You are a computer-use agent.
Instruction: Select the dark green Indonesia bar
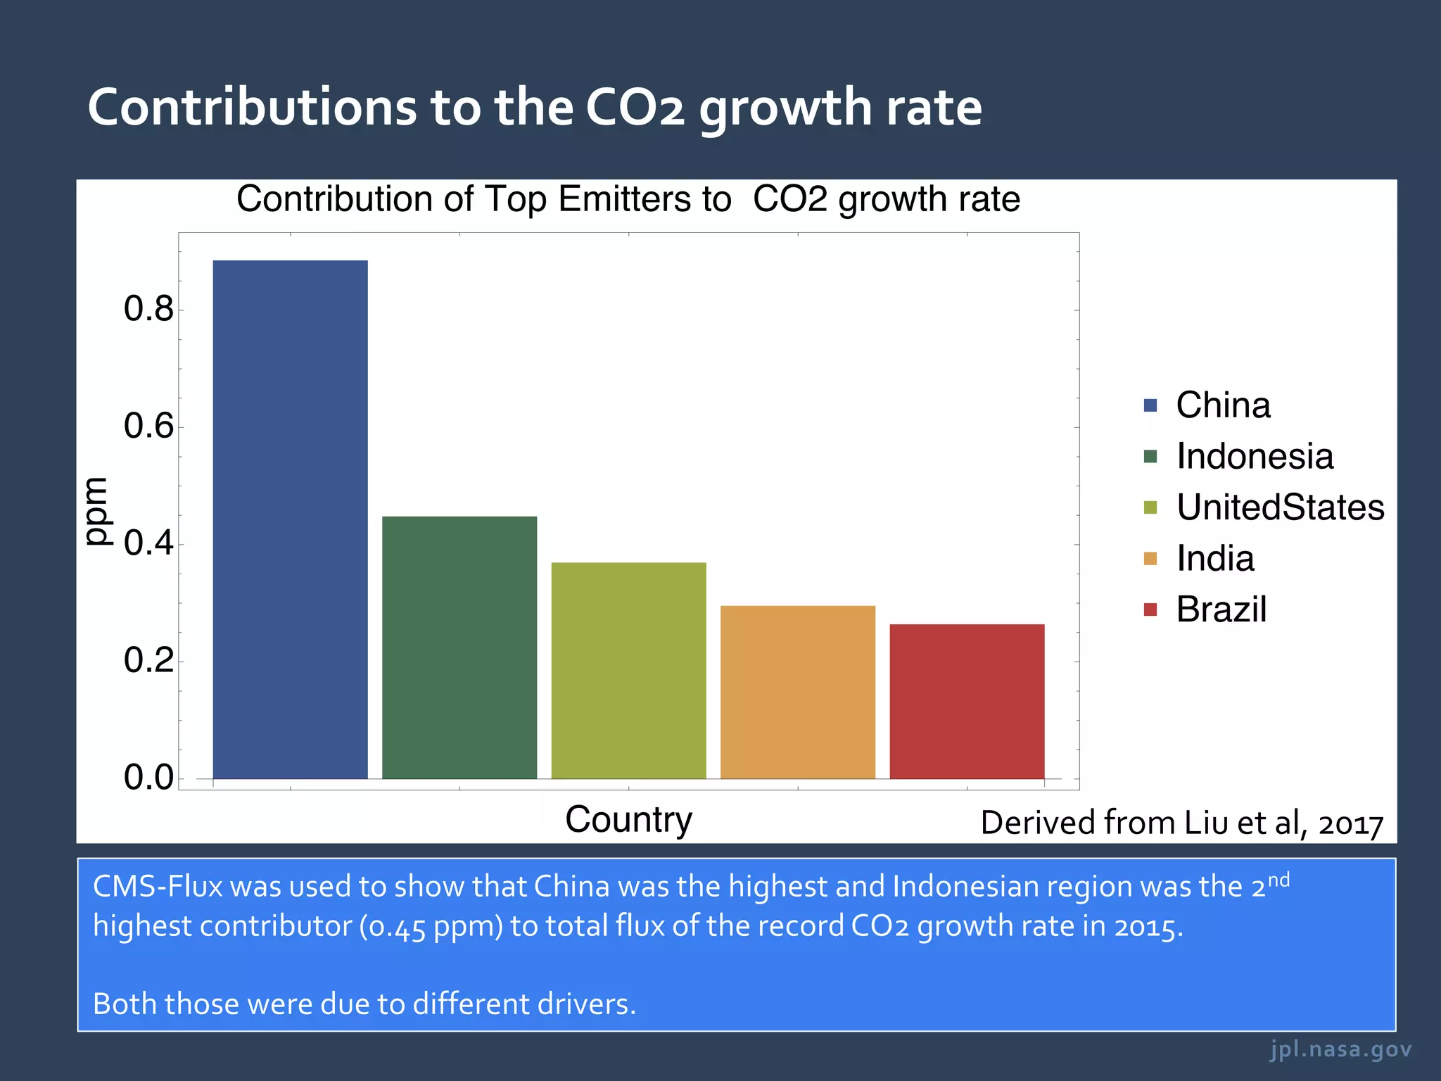[459, 647]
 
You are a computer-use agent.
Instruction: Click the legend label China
[1223, 405]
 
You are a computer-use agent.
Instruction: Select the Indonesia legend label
[1255, 456]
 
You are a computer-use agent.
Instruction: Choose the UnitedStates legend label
[1280, 507]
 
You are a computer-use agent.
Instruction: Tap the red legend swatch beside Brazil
[1150, 609]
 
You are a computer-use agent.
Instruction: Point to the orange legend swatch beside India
[1150, 559]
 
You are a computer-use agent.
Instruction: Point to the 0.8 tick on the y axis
[148, 309]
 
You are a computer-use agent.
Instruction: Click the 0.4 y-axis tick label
[148, 543]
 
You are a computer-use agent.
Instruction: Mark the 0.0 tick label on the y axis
[148, 778]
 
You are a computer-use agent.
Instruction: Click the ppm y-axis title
[97, 511]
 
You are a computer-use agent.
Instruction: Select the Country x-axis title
[628, 819]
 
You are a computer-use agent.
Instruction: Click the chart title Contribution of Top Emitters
[628, 199]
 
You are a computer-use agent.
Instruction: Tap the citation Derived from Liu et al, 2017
[1181, 823]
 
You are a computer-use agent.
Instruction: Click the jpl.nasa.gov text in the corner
[1340, 1049]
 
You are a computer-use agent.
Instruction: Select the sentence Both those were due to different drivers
[364, 1004]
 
